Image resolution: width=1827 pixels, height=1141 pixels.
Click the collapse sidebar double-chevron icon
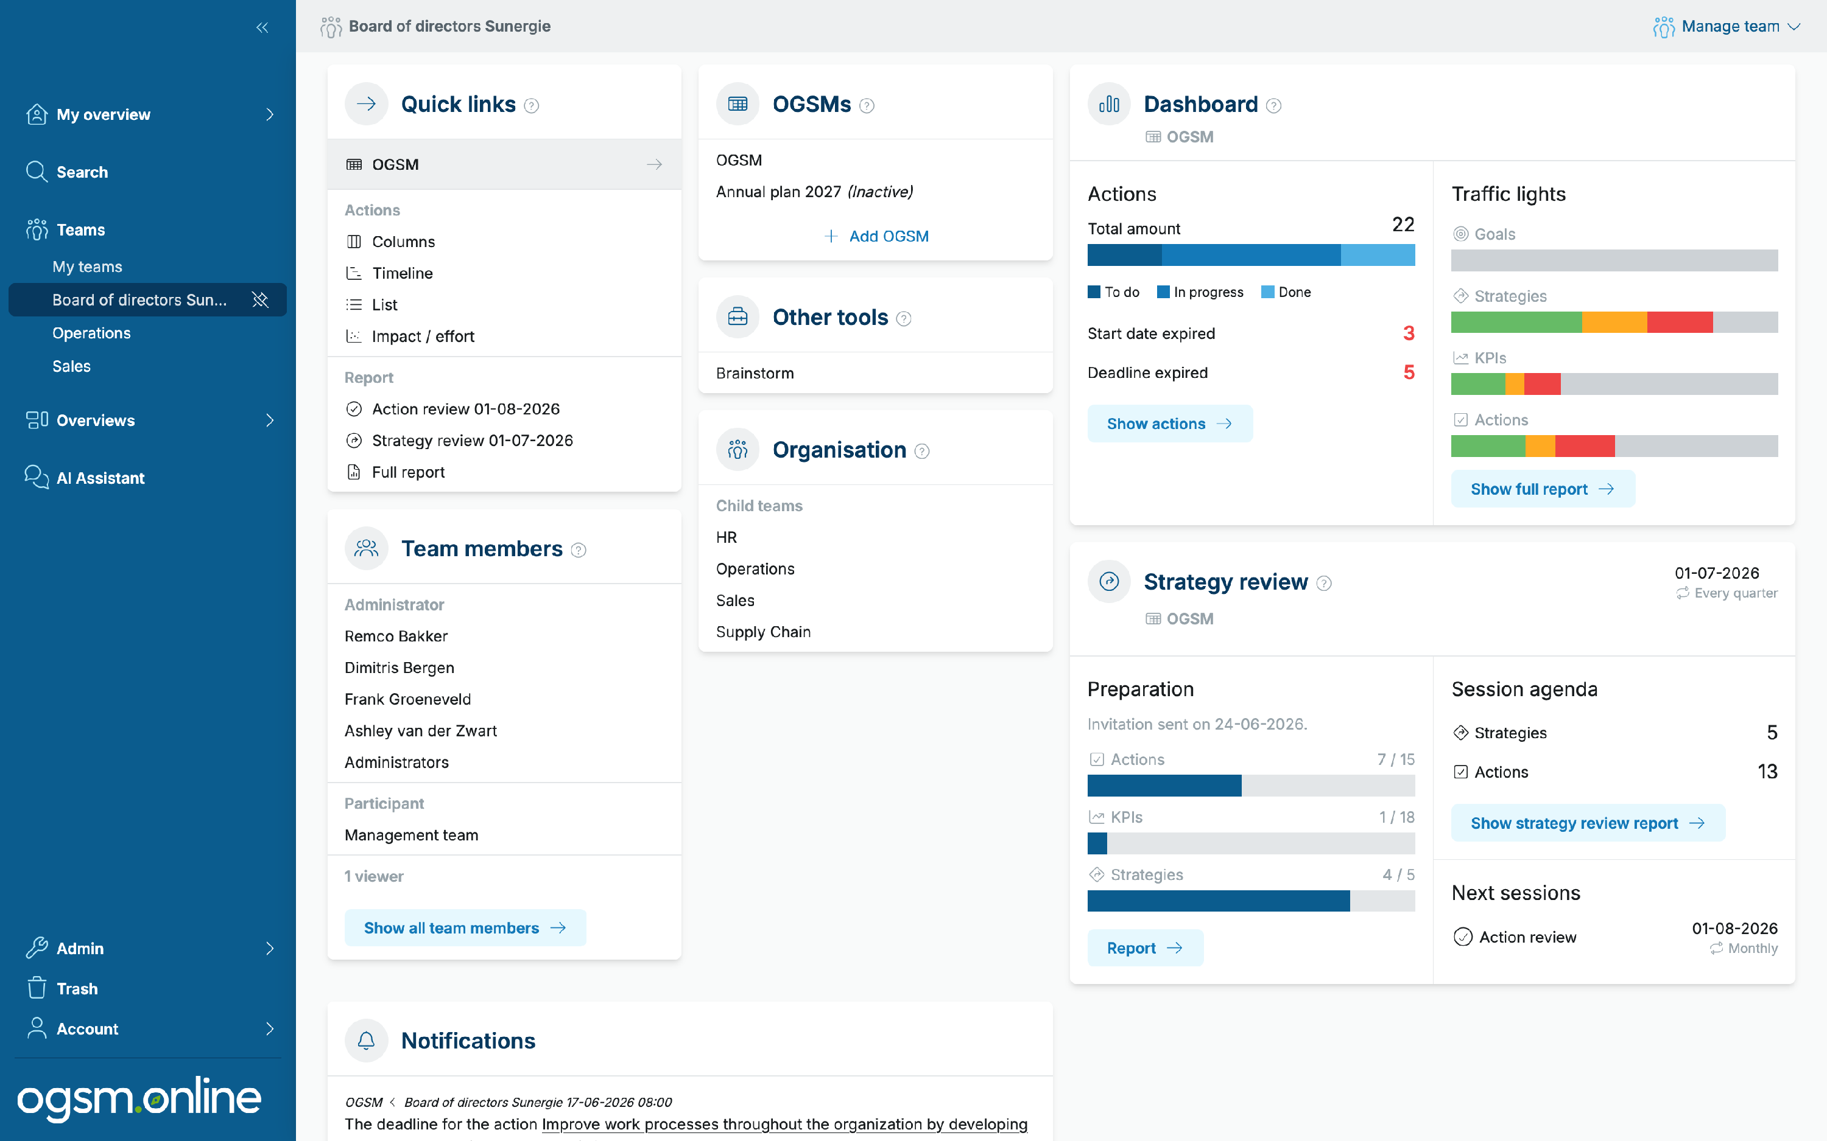[262, 28]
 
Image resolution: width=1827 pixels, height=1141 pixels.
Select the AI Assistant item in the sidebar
[100, 478]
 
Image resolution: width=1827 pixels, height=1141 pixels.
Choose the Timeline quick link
[402, 273]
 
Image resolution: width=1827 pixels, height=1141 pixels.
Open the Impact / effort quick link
[423, 336]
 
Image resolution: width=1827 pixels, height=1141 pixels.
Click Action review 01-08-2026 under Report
[465, 409]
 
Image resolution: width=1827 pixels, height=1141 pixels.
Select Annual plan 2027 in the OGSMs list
[814, 192]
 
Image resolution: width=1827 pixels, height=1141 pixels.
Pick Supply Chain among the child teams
[763, 632]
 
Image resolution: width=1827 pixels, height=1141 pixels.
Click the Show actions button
[1169, 424]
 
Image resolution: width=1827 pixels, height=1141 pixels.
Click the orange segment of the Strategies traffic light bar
[1614, 323]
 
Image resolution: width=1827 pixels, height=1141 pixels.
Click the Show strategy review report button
[1588, 823]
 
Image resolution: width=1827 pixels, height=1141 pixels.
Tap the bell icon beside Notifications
[366, 1041]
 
